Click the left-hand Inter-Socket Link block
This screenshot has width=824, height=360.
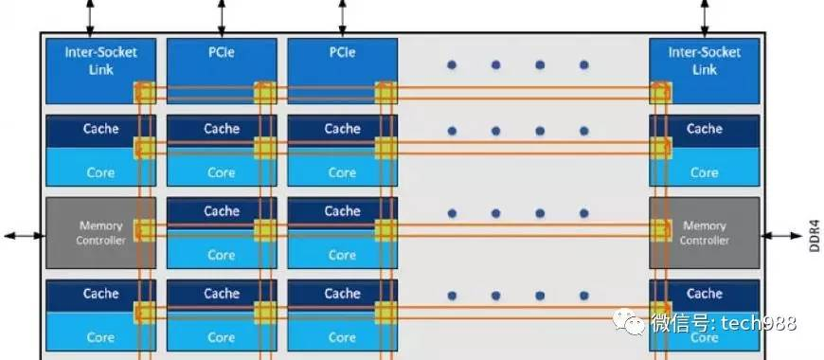99,60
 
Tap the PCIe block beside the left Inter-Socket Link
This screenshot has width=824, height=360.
222,53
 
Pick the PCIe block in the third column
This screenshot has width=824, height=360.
342,53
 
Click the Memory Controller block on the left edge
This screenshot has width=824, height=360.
99,233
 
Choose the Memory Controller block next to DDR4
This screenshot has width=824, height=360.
704,233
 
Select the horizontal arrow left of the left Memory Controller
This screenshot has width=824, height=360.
22,233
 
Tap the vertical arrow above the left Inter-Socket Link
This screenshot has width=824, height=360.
90,16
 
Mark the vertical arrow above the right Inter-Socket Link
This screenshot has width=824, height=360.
704,16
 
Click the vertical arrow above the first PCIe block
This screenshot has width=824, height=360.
222,16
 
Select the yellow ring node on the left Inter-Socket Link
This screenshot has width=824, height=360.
144,93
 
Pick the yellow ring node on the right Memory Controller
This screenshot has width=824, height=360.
660,229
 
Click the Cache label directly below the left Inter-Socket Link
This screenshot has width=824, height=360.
100,129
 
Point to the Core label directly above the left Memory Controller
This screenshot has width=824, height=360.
100,172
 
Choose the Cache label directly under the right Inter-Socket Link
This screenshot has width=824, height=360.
704,129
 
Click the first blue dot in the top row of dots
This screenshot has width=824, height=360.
452,64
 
